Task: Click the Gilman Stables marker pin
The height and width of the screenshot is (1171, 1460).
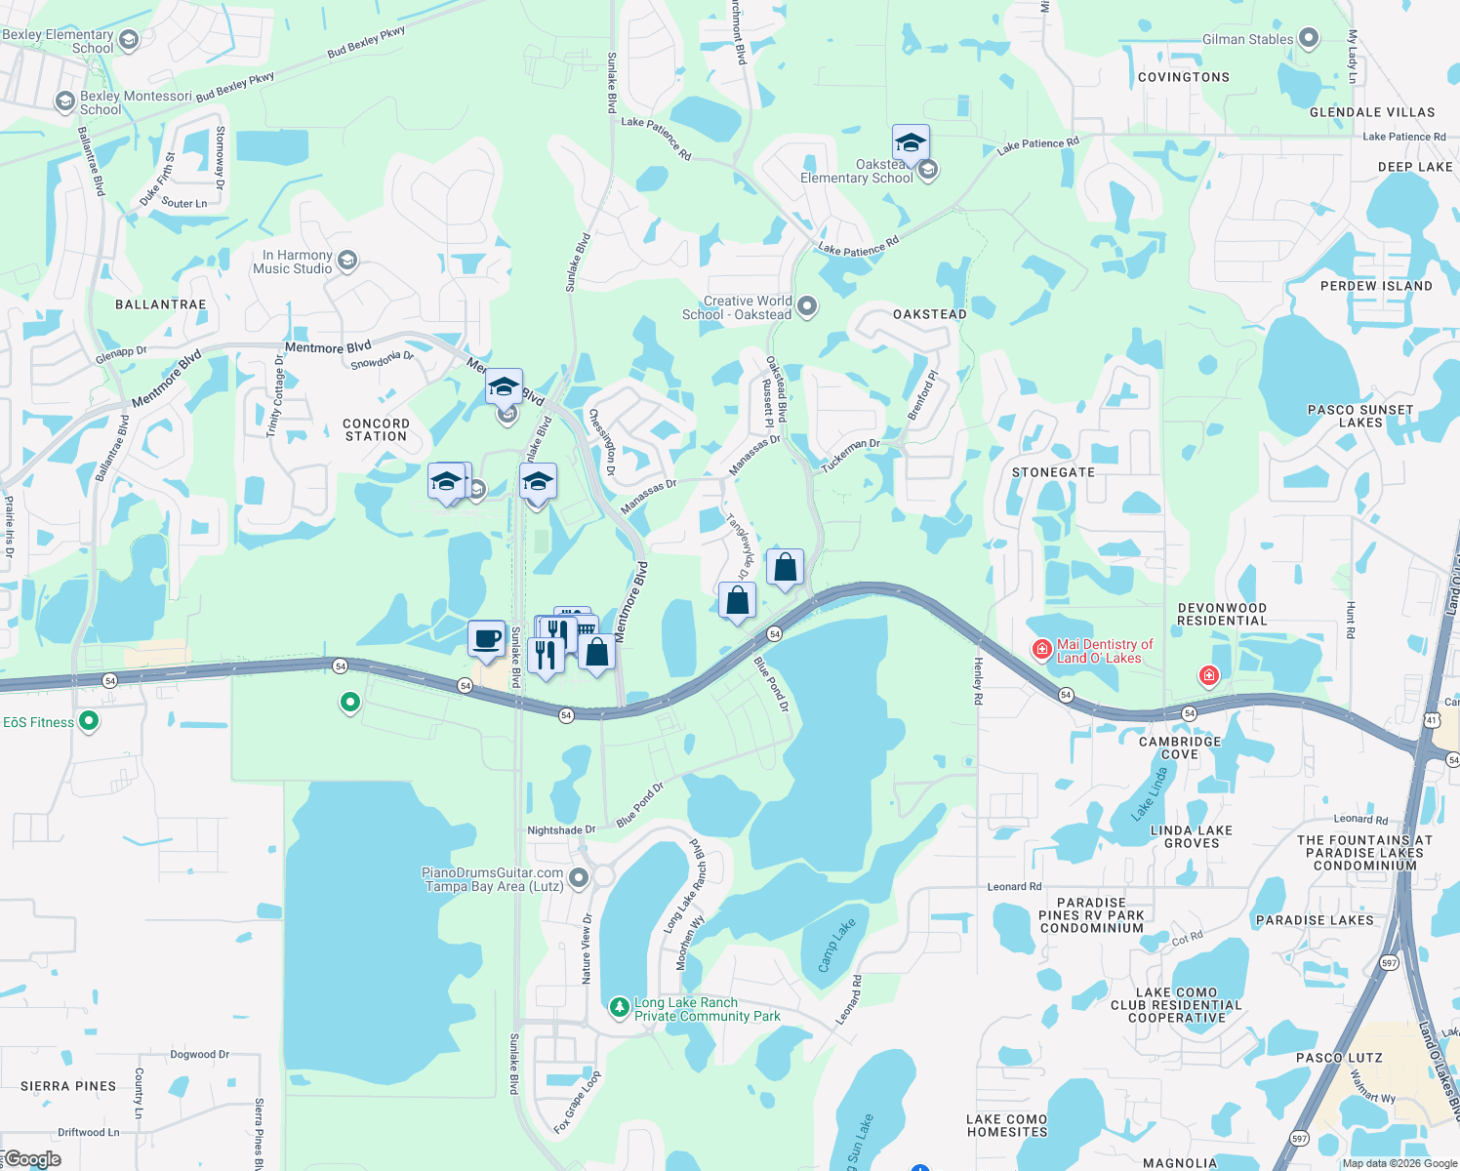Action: pos(1309,39)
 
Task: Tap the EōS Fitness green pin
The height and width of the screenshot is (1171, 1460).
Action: pos(89,722)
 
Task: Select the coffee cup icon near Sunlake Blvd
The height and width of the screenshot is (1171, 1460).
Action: pos(486,639)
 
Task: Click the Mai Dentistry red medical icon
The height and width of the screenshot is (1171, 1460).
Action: pos(1042,649)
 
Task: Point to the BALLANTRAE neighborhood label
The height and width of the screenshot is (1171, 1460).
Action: pos(161,304)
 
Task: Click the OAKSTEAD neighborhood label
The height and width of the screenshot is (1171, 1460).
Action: pos(930,314)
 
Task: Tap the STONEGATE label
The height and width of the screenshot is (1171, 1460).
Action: pos(1053,472)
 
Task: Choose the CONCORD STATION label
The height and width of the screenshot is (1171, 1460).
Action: pos(376,430)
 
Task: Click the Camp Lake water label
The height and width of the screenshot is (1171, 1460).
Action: pos(836,944)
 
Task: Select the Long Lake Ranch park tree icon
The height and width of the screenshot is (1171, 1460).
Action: pos(619,1006)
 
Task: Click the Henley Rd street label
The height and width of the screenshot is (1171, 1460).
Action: pos(978,681)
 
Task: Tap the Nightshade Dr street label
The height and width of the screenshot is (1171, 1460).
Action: pos(561,830)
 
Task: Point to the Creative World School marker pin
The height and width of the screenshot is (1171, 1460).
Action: pos(807,306)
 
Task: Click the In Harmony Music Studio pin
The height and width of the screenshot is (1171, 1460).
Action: pos(347,261)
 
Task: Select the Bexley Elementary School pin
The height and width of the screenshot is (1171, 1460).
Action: pos(128,39)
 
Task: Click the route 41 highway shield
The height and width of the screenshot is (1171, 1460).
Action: pos(1431,720)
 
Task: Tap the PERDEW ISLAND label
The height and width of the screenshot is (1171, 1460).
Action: pos(1376,286)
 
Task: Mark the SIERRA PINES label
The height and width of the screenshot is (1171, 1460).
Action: pos(68,1086)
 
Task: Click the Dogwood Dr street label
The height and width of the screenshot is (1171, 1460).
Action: pos(200,1054)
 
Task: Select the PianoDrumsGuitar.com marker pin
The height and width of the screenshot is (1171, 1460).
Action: pos(579,878)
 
